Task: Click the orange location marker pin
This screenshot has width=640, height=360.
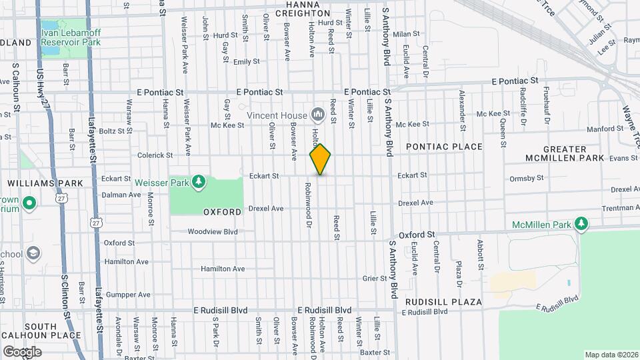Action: coord(320,159)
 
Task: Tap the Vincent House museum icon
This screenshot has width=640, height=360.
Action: coord(317,115)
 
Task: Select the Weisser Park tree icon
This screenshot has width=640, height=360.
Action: coord(198,181)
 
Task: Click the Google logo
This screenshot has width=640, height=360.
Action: coord(22,351)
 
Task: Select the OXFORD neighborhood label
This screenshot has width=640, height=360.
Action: coord(222,212)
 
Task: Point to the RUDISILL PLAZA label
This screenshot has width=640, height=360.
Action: coord(443,302)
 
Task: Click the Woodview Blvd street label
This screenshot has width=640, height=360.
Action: coord(213,232)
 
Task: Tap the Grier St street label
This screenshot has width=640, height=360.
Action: coord(375,278)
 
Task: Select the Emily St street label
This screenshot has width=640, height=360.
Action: coord(246,62)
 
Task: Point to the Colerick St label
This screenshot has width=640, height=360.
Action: coord(155,155)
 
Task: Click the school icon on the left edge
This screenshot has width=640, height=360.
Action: coord(33,253)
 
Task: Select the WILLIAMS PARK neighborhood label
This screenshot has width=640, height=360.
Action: coord(45,183)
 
